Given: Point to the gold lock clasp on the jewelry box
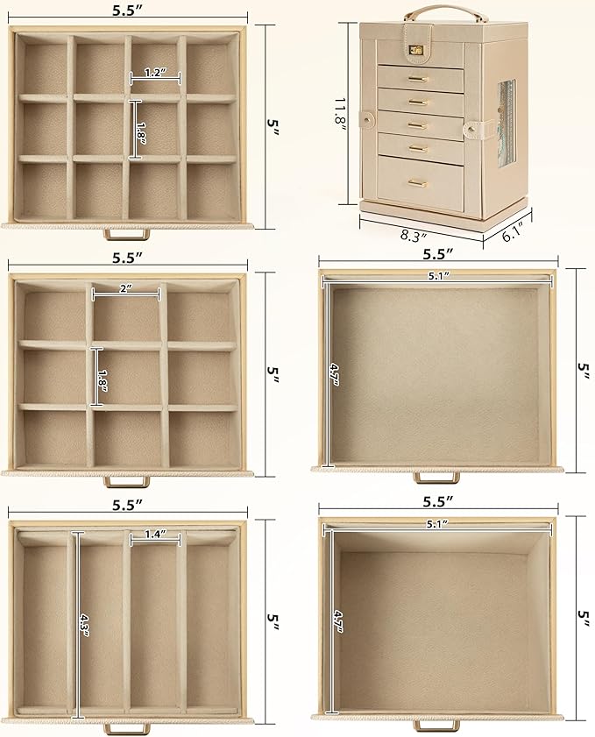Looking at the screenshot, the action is [x=415, y=49].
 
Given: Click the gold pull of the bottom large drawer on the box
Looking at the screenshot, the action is [x=417, y=183].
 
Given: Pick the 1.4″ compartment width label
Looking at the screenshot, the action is [x=156, y=534].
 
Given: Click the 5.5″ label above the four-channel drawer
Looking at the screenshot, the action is [x=127, y=505].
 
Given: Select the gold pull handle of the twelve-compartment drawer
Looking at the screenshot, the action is [x=126, y=234].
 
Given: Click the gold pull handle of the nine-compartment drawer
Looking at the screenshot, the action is [x=126, y=481].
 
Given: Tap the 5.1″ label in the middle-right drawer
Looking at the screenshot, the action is [x=438, y=276].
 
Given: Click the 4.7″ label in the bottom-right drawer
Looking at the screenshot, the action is [x=338, y=621].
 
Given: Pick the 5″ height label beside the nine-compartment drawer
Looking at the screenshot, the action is [x=273, y=371].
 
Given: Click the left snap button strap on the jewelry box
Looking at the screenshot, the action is [x=367, y=119].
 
